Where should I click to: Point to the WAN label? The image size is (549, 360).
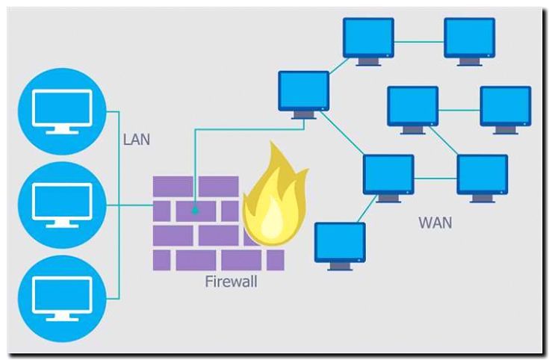(x=435, y=223)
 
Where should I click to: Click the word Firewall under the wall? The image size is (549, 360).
(x=231, y=282)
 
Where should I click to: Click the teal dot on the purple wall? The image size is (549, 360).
(x=195, y=211)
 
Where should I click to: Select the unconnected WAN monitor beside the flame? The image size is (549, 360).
(x=340, y=243)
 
